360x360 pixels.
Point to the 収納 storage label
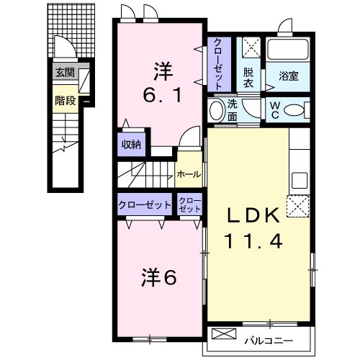pos(130,144)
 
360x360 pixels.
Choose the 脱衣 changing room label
pos(248,76)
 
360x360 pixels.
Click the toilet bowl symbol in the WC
pos(293,110)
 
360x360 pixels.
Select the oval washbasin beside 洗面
pos(215,111)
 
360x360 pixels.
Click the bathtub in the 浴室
pos(288,50)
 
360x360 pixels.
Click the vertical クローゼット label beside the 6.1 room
pos(217,62)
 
